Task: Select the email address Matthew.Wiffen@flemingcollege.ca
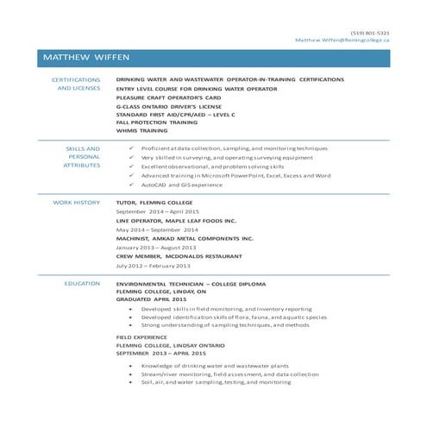342,41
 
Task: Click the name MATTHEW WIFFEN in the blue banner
85,57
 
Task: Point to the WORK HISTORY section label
77,202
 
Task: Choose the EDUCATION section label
82,283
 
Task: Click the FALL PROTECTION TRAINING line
157,122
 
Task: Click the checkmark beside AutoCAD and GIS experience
129,185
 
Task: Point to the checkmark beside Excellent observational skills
129,166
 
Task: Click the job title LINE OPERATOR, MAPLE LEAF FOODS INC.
176,220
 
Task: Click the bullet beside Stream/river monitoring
129,374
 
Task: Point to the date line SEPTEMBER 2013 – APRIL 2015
161,354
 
